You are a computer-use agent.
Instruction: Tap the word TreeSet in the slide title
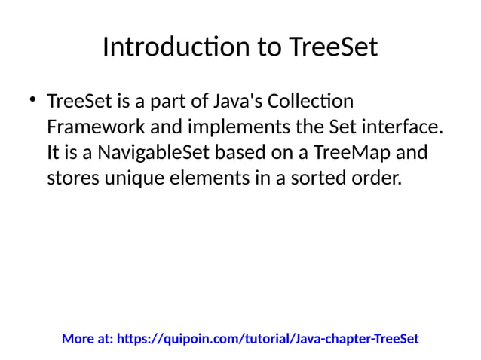pyautogui.click(x=332, y=48)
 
